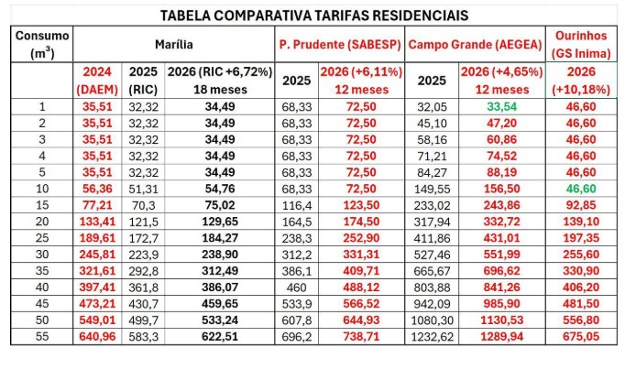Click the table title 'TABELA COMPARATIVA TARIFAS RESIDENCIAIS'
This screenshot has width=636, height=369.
tap(313, 16)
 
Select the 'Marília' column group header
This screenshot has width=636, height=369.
tap(173, 43)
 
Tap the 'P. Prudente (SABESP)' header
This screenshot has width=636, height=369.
tap(339, 43)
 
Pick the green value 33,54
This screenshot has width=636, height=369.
tap(500, 107)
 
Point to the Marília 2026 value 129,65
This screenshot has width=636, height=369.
tap(221, 221)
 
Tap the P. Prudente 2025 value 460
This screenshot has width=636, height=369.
tap(295, 287)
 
